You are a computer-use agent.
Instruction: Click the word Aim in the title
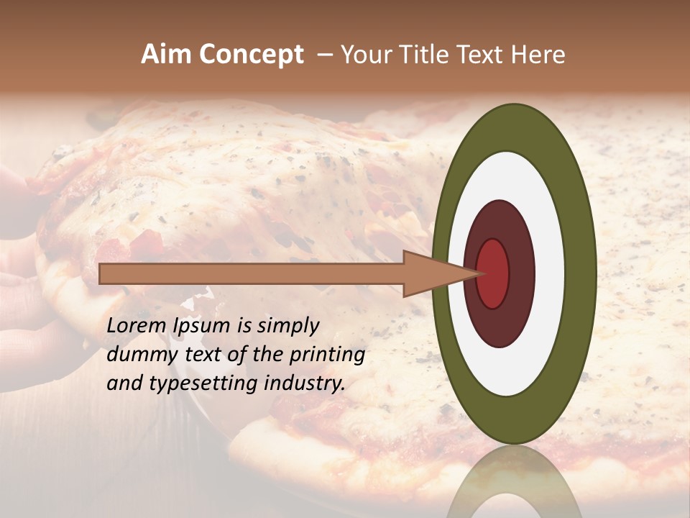pyautogui.click(x=166, y=55)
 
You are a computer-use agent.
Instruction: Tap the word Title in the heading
pyautogui.click(x=420, y=55)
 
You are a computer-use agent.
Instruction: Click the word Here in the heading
pyautogui.click(x=538, y=55)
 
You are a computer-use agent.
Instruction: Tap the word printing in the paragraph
pyautogui.click(x=327, y=355)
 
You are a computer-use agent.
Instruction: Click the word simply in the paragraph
pyautogui.click(x=288, y=326)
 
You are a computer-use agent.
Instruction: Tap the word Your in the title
pyautogui.click(x=364, y=55)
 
